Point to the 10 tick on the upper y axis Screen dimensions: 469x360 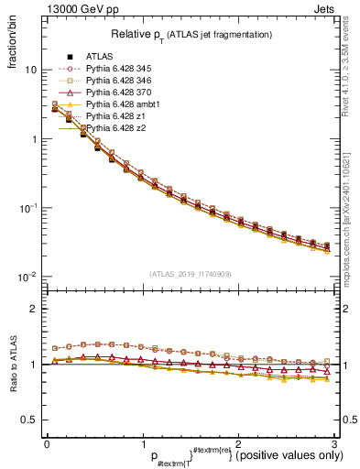[34, 71]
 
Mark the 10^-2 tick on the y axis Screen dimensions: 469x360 [29, 277]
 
